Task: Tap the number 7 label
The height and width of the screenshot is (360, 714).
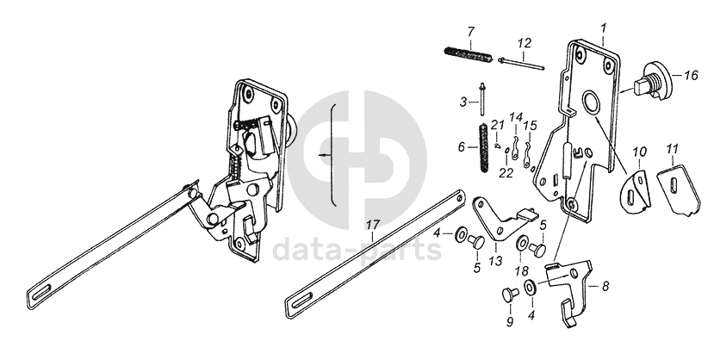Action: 470,33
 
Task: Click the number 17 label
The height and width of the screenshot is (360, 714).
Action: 371,227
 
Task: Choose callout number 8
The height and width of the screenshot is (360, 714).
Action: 605,286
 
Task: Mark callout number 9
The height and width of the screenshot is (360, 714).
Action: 508,321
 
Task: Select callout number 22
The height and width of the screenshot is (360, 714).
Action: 506,172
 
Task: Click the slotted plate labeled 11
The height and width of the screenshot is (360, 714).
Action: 679,189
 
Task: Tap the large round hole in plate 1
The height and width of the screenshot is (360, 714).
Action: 593,103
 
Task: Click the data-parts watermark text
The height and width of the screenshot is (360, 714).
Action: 357,250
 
